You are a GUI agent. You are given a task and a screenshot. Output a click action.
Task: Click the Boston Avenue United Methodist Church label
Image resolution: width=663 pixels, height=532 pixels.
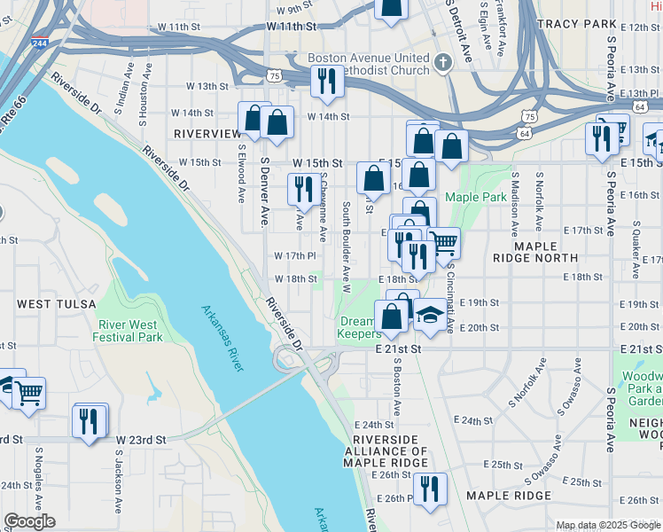coord(368,65)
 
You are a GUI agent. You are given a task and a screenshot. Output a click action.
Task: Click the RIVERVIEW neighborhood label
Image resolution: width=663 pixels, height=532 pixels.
coord(208,133)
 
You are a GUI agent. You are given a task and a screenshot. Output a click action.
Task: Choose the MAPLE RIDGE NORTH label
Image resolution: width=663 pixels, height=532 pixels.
coord(545,251)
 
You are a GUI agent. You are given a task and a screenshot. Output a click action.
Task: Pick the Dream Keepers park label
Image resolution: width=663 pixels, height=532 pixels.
coord(358,328)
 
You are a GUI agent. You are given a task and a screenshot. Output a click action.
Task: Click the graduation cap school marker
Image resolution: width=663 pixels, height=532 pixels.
coord(429,316)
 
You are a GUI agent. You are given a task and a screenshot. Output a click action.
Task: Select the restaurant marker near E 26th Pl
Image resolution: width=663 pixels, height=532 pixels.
coord(430,489)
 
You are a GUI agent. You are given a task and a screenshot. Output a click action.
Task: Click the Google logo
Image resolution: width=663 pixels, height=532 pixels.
coord(29,522)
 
